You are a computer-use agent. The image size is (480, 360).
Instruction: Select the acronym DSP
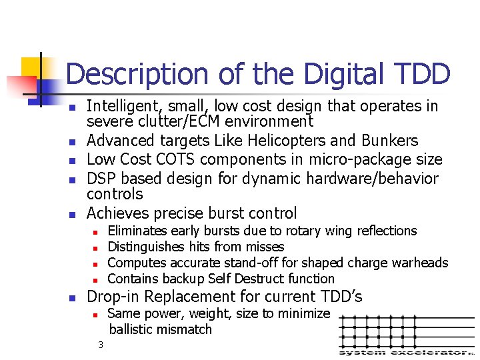pos(103,179)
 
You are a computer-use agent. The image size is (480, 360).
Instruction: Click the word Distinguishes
pos(142,247)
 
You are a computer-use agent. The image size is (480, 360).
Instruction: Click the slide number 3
pos(100,345)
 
